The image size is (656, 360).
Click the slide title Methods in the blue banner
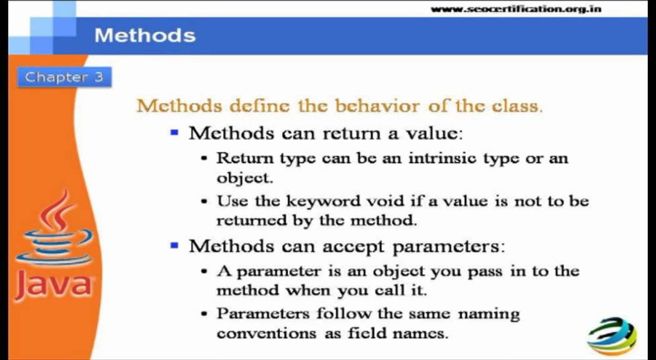pos(145,35)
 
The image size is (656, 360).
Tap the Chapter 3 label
pos(64,77)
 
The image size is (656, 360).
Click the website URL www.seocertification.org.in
pos(516,9)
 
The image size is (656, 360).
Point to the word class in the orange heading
pos(516,105)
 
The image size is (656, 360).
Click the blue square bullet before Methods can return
pos(175,133)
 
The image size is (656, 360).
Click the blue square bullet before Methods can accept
pos(175,246)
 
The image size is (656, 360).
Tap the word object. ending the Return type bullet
pos(244,177)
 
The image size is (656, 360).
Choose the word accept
pos(354,246)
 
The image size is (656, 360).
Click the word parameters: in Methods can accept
pos(447,246)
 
